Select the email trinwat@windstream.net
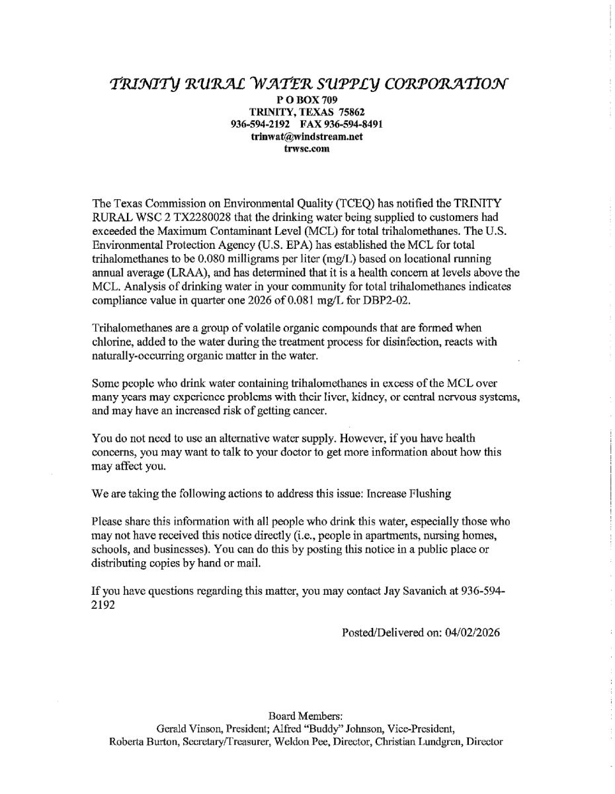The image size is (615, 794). (307, 136)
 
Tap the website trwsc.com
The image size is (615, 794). (307, 149)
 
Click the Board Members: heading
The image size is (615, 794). (306, 717)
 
